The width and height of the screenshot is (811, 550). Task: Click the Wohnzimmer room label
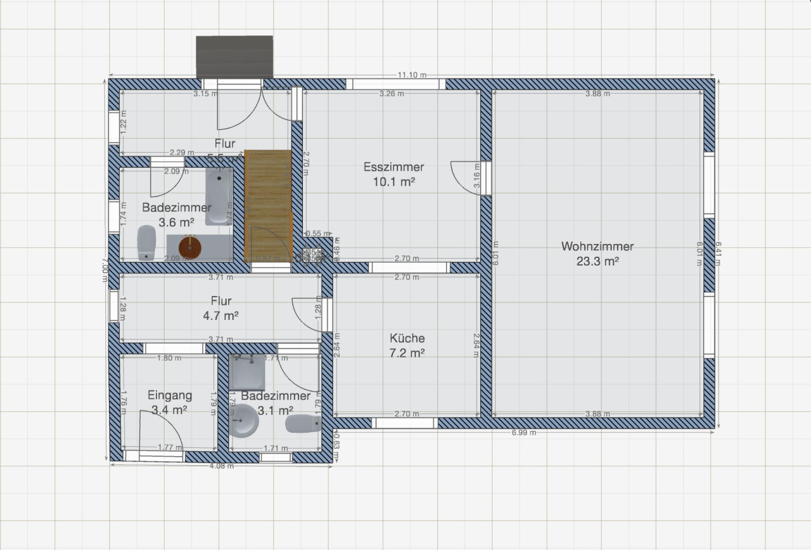click(597, 247)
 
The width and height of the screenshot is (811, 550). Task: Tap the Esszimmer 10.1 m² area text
click(393, 182)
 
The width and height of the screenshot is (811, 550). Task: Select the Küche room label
click(407, 338)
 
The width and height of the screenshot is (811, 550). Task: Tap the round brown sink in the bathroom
click(189, 246)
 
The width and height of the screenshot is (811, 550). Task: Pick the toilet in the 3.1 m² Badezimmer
click(303, 423)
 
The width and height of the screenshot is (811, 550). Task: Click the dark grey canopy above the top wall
click(234, 57)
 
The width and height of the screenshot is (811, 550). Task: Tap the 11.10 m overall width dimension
click(411, 75)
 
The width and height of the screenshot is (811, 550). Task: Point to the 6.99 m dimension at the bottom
click(523, 433)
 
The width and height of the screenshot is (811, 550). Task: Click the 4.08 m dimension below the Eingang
click(222, 466)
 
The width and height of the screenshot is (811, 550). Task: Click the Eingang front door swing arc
click(162, 428)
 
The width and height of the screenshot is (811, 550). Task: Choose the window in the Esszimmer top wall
click(396, 84)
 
